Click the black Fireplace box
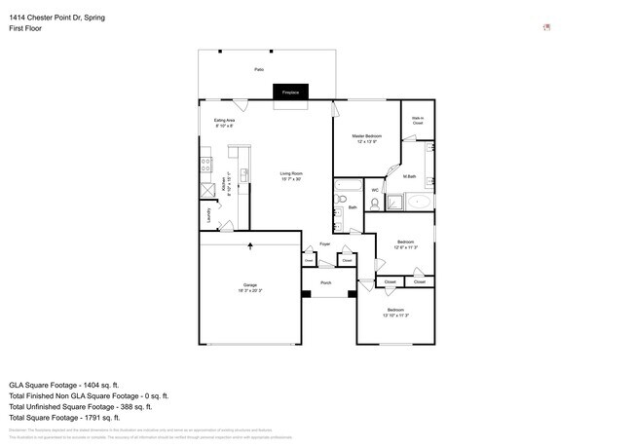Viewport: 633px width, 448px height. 289,93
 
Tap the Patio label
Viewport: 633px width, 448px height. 259,70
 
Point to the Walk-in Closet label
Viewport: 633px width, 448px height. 418,121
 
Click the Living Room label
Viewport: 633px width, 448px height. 291,174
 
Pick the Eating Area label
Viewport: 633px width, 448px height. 224,121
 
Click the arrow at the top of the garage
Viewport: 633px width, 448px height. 250,247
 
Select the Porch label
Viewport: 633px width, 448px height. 325,282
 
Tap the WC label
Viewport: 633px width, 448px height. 375,190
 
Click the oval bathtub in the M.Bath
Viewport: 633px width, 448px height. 419,203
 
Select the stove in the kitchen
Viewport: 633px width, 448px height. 205,164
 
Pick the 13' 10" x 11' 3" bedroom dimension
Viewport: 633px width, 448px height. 395,316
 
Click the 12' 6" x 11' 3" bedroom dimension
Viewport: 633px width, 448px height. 405,247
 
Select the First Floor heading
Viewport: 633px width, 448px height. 27,29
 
